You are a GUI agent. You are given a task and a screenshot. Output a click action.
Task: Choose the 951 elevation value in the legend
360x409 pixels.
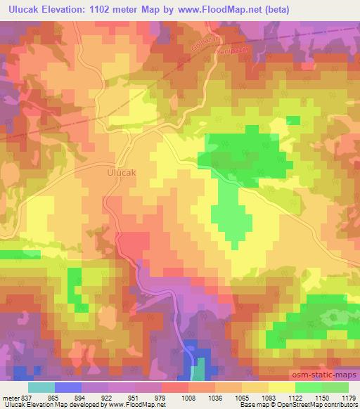pos(127,398)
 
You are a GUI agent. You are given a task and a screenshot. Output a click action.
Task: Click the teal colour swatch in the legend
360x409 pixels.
pos(41,387)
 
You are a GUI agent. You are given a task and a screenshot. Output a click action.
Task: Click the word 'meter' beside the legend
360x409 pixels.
pos(9,398)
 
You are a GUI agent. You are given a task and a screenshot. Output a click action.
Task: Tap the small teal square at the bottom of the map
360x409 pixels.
pos(200,370)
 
